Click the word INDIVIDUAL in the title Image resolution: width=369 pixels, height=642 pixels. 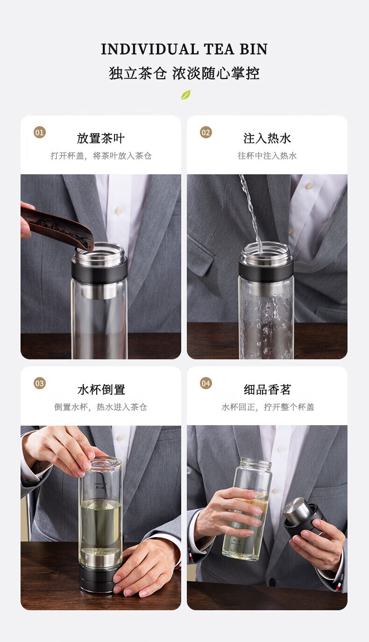pos(149,49)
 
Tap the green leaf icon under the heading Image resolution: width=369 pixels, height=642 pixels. pos(185,94)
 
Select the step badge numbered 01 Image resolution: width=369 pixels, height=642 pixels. pos(40,132)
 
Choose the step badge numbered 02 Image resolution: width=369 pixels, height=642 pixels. pos(206,132)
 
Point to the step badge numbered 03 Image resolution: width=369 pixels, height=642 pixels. pos(40,383)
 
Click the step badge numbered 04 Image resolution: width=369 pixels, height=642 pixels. pos(206,383)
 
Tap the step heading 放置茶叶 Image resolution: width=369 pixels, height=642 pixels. pos(101,138)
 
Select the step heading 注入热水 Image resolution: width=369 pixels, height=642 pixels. pos(267,138)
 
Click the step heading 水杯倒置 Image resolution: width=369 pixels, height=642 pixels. pos(101,390)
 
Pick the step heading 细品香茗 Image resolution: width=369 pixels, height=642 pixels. pos(267,390)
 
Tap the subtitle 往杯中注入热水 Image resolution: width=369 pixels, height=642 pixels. pos(267,156)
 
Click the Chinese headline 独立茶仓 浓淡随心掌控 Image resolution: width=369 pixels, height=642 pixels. pos(184,73)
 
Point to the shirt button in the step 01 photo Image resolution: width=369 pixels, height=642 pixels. pos(118,211)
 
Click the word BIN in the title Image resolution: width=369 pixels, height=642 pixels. pos(254,49)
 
